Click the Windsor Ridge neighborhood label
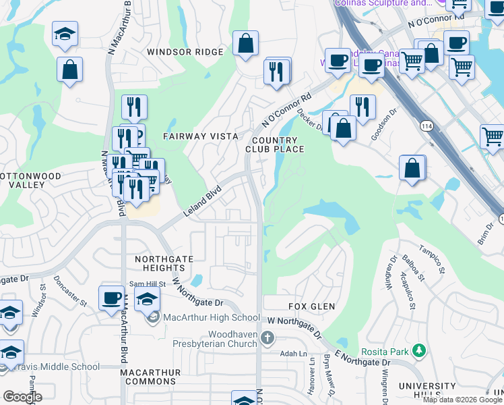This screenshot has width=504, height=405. click(x=185, y=52)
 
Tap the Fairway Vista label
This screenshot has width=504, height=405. click(x=201, y=136)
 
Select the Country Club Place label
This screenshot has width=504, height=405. click(x=275, y=144)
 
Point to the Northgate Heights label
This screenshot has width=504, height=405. click(x=164, y=264)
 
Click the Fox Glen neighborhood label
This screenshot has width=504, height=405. click(x=311, y=306)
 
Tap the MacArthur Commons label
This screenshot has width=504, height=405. click(x=151, y=377)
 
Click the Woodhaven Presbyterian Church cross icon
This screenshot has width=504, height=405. click(x=267, y=337)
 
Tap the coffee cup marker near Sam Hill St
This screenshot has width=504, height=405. click(x=111, y=298)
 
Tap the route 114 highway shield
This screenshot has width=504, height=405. click(x=427, y=126)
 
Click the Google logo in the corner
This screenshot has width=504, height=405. click(x=22, y=397)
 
